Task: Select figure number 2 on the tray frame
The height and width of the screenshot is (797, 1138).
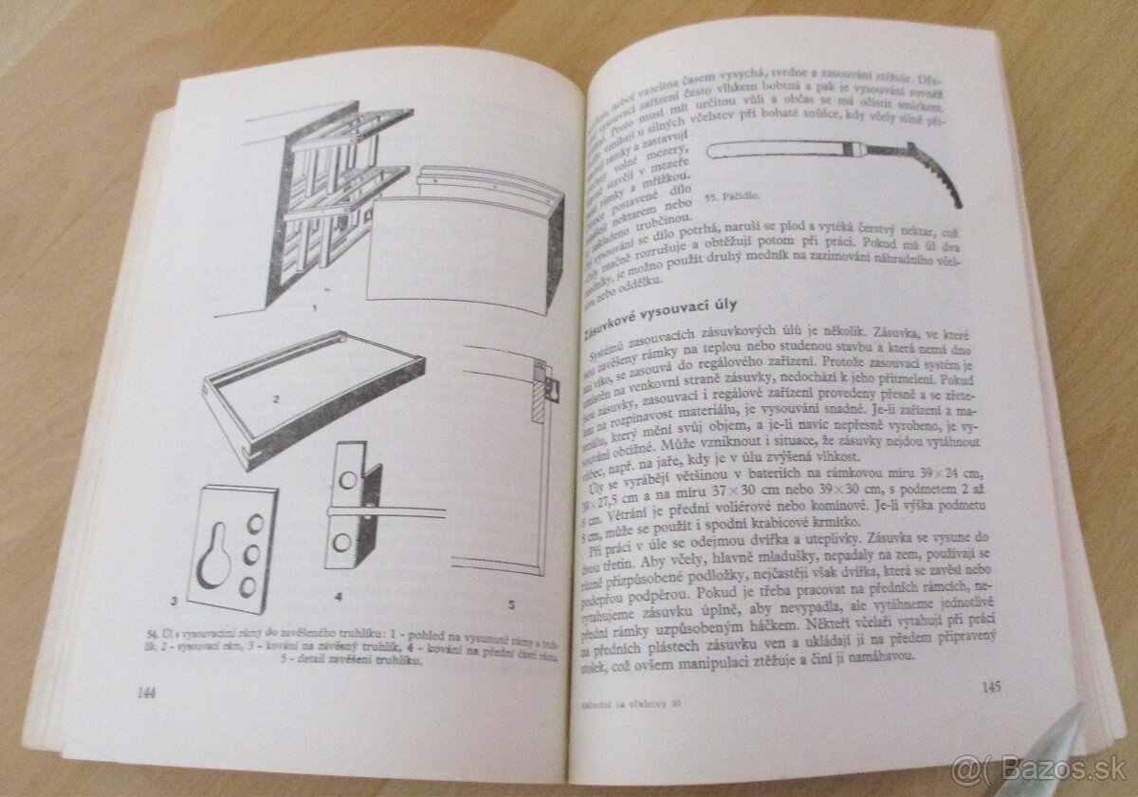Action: (276, 398)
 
